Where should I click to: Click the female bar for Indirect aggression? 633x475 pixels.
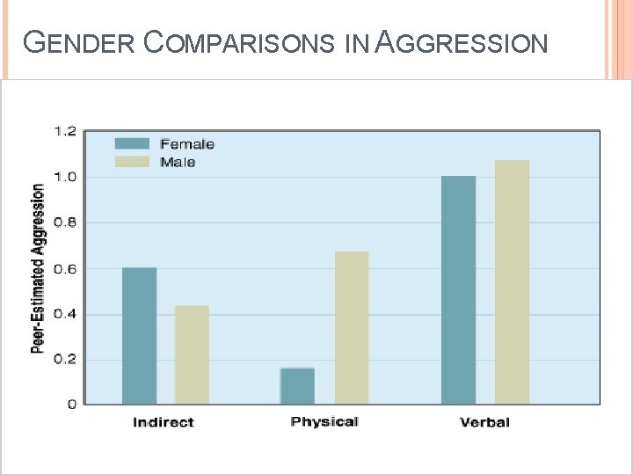(139, 336)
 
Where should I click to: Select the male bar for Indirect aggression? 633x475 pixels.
(192, 354)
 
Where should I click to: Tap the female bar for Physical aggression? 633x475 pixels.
(297, 386)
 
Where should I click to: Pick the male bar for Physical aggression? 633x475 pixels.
(352, 328)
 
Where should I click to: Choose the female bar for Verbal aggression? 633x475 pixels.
(458, 290)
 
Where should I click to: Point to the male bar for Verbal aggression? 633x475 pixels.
(512, 282)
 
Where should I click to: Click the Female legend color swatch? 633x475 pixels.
(132, 143)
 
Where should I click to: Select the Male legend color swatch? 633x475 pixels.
(132, 162)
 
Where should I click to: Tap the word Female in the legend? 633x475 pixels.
(187, 144)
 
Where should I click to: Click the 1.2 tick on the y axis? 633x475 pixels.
(65, 131)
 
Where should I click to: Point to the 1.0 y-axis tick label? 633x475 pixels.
(65, 177)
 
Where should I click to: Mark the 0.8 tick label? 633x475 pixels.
(65, 223)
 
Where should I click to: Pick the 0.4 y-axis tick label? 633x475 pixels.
(65, 314)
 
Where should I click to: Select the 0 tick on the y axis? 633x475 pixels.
(72, 405)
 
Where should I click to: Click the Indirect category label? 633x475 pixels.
(164, 422)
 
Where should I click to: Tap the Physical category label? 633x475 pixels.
(324, 422)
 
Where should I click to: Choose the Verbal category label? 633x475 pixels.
(484, 422)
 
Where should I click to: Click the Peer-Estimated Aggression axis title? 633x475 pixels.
(38, 268)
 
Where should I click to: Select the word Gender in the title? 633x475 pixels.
(78, 42)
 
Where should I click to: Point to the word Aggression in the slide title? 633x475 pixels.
(461, 42)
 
